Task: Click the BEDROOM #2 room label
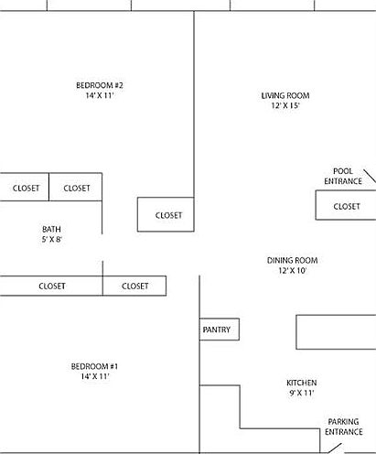pos(100,85)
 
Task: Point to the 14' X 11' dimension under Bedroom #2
pos(100,95)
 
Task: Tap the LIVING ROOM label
pos(285,95)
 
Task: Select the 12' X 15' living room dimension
pos(285,105)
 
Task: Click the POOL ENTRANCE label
pos(343,176)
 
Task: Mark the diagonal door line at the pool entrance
pos(370,176)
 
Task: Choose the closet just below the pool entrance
pos(346,205)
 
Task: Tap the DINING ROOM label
pos(293,260)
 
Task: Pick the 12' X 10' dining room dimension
pos(292,270)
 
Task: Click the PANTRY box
pos(220,330)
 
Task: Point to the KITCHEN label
pos(302,383)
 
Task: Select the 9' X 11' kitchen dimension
pos(302,393)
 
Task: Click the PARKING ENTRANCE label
pos(344,427)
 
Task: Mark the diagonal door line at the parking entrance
pos(335,449)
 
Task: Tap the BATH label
pos(51,229)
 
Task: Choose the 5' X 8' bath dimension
pos(52,239)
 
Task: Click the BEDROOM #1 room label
pos(94,366)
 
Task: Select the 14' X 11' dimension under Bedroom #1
pos(95,376)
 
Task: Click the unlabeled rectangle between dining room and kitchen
pos(336,332)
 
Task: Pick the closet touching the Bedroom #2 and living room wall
pos(166,214)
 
